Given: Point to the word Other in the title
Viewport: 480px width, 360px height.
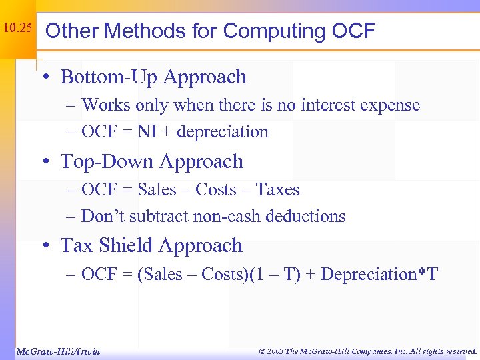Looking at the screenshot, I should tap(69, 31).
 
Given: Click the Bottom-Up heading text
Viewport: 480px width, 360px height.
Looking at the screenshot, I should tap(103, 77).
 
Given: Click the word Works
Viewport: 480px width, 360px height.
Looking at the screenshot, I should tap(106, 105).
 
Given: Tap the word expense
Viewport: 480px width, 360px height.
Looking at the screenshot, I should tap(393, 105).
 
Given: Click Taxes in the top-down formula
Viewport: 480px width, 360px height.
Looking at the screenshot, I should tap(278, 190).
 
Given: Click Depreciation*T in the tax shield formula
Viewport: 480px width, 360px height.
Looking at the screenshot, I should tap(379, 274).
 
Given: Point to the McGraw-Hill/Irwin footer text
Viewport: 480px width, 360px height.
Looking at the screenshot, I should tap(58, 351).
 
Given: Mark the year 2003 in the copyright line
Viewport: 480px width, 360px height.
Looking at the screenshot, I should tap(273, 351).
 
